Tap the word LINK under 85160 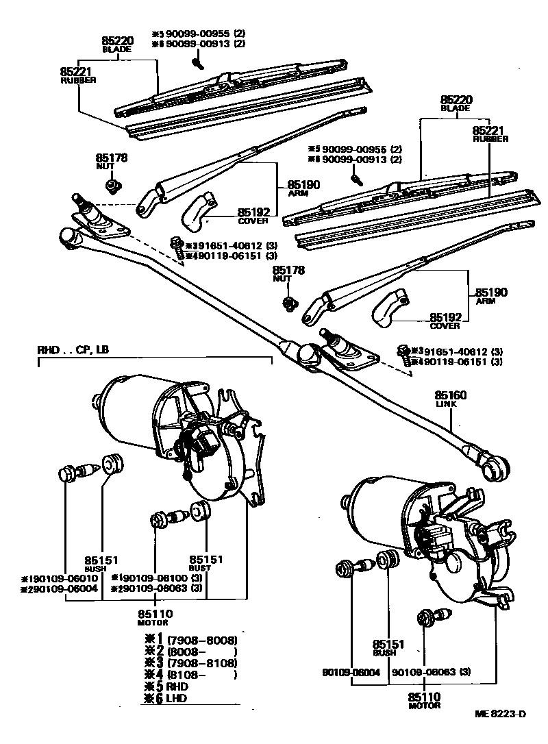coord(446,404)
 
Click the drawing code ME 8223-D coord(500,714)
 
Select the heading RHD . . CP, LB coord(73,349)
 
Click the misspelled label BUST coord(206,568)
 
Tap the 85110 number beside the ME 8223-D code coord(425,697)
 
